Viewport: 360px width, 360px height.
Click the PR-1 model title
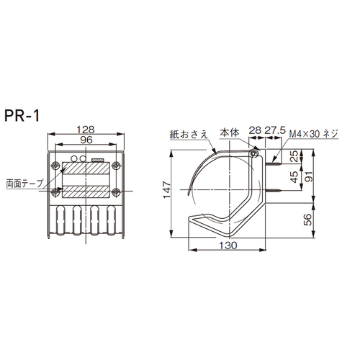22,116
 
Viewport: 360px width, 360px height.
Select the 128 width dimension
86,130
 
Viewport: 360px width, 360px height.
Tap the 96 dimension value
86,140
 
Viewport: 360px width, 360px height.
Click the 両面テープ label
24,184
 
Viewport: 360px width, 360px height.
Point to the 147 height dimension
167,190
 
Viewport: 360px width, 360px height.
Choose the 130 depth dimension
228,246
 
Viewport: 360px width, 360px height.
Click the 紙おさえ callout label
189,135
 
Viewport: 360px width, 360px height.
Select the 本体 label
230,132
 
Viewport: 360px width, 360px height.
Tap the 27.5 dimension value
275,130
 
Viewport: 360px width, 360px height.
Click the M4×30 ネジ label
313,133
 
